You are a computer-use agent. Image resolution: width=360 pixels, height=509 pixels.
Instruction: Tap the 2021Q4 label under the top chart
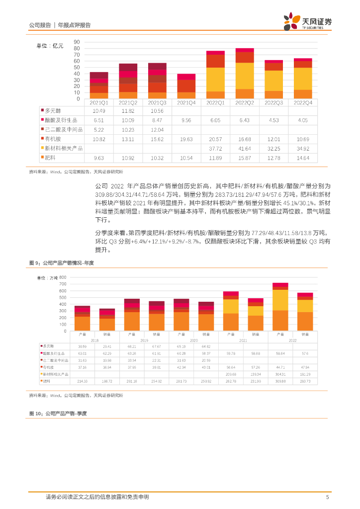pyautogui.click(x=186, y=103)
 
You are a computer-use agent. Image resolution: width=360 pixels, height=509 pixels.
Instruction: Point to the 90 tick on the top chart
pyautogui.click(x=77, y=42)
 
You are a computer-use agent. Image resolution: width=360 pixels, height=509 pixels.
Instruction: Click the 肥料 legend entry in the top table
pyautogui.click(x=50, y=158)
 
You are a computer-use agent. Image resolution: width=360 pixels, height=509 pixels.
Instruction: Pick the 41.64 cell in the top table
pyautogui.click(x=244, y=149)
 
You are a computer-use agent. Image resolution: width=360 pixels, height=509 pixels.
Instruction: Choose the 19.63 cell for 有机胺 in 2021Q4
pyautogui.click(x=186, y=139)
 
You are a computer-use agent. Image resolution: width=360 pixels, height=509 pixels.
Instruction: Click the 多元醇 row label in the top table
pyautogui.click(x=52, y=111)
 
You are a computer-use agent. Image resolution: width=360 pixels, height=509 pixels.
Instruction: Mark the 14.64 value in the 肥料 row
pyautogui.click(x=302, y=158)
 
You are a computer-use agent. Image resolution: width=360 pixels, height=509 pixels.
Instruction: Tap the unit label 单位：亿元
pyautogui.click(x=50, y=46)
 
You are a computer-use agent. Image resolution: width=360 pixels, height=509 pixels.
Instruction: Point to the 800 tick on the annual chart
pyautogui.click(x=63, y=277)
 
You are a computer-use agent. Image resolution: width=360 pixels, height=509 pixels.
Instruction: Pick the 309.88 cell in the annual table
pyautogui.click(x=280, y=381)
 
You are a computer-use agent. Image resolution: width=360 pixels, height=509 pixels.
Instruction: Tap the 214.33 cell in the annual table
pyautogui.click(x=82, y=381)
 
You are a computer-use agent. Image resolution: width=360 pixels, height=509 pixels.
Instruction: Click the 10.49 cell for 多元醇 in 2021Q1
pyautogui.click(x=99, y=111)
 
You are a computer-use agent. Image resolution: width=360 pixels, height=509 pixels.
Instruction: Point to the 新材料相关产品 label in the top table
pyautogui.click(x=64, y=149)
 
